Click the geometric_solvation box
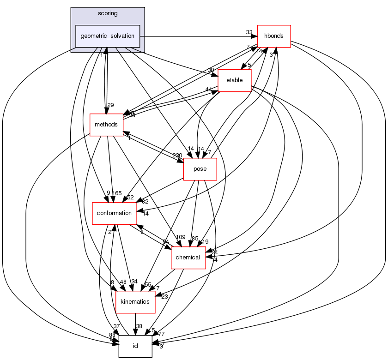coord(108,36)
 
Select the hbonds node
coord(273,36)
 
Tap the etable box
coord(234,81)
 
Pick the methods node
coord(106,125)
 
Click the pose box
coord(200,168)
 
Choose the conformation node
coord(114,213)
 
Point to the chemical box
coord(188,257)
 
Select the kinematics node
coord(134,301)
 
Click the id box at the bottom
coord(135,346)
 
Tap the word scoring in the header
coord(108,13)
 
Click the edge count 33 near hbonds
coord(249,32)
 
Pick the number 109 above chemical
coord(181,237)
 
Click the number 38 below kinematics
coord(139,326)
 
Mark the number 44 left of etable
coord(209,90)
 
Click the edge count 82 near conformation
coord(145,202)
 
